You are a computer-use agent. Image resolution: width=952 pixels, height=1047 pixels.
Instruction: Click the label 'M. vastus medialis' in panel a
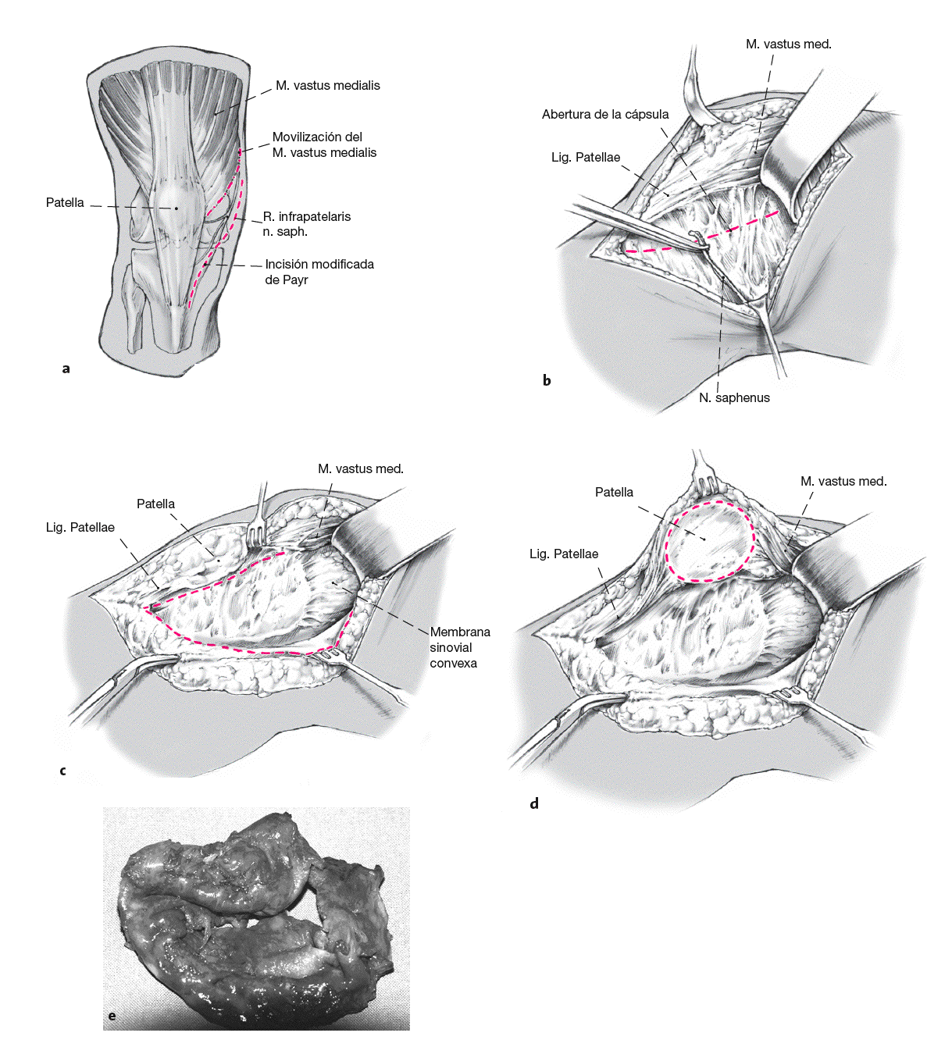click(327, 86)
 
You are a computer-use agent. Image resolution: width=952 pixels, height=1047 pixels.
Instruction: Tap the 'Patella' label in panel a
click(65, 203)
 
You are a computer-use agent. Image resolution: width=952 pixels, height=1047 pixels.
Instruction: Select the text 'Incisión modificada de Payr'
click(319, 272)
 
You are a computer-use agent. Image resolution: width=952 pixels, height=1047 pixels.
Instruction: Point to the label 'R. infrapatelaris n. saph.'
click(306, 224)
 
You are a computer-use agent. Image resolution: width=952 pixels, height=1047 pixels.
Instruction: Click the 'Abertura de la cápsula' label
click(605, 115)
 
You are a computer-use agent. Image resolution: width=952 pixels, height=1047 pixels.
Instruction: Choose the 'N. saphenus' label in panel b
click(734, 398)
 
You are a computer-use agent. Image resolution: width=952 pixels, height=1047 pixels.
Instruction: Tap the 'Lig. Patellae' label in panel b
click(586, 158)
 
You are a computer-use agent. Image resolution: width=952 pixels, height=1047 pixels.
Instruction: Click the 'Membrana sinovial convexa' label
click(459, 647)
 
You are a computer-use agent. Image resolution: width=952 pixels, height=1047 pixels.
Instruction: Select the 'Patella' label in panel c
click(156, 504)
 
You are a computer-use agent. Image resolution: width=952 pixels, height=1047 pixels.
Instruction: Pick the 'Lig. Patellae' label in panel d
click(564, 554)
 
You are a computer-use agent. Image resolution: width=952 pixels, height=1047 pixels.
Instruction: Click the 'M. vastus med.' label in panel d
click(843, 482)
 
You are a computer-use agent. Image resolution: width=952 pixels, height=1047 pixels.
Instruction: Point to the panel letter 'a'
click(66, 369)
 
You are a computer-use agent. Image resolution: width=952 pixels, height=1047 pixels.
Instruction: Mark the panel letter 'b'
click(547, 381)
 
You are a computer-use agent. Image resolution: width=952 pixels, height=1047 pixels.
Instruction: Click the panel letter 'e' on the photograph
click(112, 1016)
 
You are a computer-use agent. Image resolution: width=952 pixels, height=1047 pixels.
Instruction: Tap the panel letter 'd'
click(534, 803)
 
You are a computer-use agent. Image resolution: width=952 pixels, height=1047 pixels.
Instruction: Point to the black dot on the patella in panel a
click(176, 208)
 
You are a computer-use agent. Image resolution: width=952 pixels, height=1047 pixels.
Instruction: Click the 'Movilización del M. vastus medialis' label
click(324, 145)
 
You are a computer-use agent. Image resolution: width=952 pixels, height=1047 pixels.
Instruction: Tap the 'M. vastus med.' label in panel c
click(360, 469)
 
